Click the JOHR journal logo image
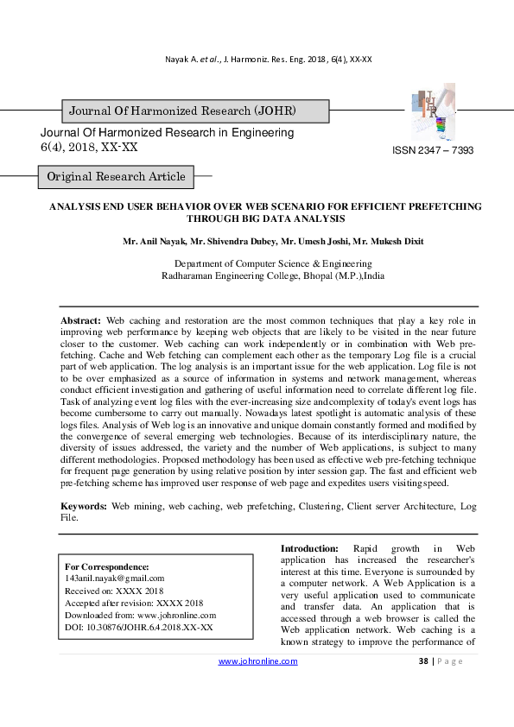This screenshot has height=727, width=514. (430, 113)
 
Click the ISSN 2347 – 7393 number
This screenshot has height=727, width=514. (433, 150)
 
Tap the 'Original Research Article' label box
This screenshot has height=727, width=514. (116, 177)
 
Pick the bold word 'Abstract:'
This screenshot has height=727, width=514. (81, 320)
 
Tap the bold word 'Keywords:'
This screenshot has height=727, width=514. (84, 506)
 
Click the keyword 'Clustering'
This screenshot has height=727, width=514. (319, 506)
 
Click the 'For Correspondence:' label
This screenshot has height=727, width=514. (107, 566)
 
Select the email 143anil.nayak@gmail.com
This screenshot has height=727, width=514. (115, 578)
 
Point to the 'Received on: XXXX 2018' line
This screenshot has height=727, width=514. (114, 591)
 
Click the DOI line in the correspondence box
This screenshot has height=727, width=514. (139, 627)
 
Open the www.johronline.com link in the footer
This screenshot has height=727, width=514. (257, 661)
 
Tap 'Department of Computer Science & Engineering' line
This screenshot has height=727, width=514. (273, 263)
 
